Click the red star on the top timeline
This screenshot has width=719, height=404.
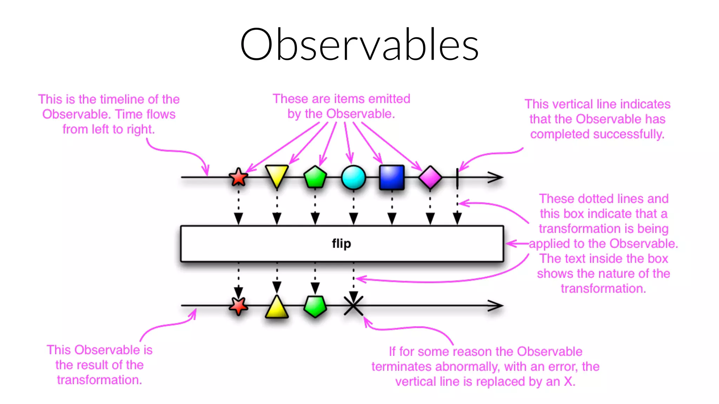coord(238,177)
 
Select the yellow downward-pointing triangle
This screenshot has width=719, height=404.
coord(277,175)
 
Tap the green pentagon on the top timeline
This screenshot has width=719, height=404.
coord(315,177)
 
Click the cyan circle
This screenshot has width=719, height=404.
coord(353,177)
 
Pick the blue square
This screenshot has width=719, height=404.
coord(392,177)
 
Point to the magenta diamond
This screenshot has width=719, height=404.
coord(430,177)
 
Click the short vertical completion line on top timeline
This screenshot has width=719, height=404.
coord(457,177)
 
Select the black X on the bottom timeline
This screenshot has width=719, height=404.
coord(353,305)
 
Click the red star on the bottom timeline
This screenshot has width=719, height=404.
coord(238,306)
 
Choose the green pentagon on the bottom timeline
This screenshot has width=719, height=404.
coord(315,306)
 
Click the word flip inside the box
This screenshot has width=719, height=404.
coord(341,243)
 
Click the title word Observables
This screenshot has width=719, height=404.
coord(359,45)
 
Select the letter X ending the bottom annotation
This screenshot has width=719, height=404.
coord(569,381)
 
